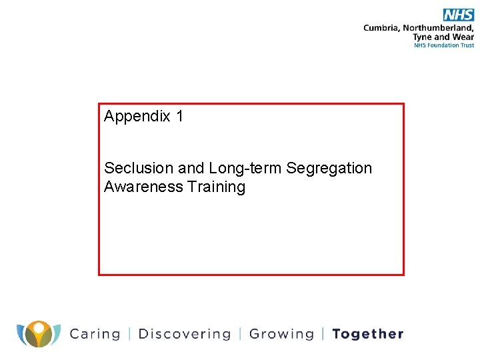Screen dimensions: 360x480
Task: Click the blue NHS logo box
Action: point(458,15)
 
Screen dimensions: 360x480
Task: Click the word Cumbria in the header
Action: point(382,28)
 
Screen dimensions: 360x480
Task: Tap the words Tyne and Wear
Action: point(443,37)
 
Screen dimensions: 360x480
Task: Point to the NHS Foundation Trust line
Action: point(444,45)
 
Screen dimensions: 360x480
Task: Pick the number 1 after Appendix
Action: point(179,117)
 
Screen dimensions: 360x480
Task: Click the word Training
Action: point(217,187)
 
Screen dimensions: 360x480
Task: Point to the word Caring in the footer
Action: point(95,334)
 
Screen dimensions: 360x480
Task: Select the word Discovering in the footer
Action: point(185,334)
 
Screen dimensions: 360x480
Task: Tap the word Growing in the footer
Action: point(281,334)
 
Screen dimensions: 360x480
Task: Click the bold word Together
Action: point(367,334)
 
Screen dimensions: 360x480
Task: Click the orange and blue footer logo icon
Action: point(39,333)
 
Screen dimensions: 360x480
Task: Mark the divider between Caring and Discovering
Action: point(129,334)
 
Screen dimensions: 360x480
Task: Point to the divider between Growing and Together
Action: point(323,334)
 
